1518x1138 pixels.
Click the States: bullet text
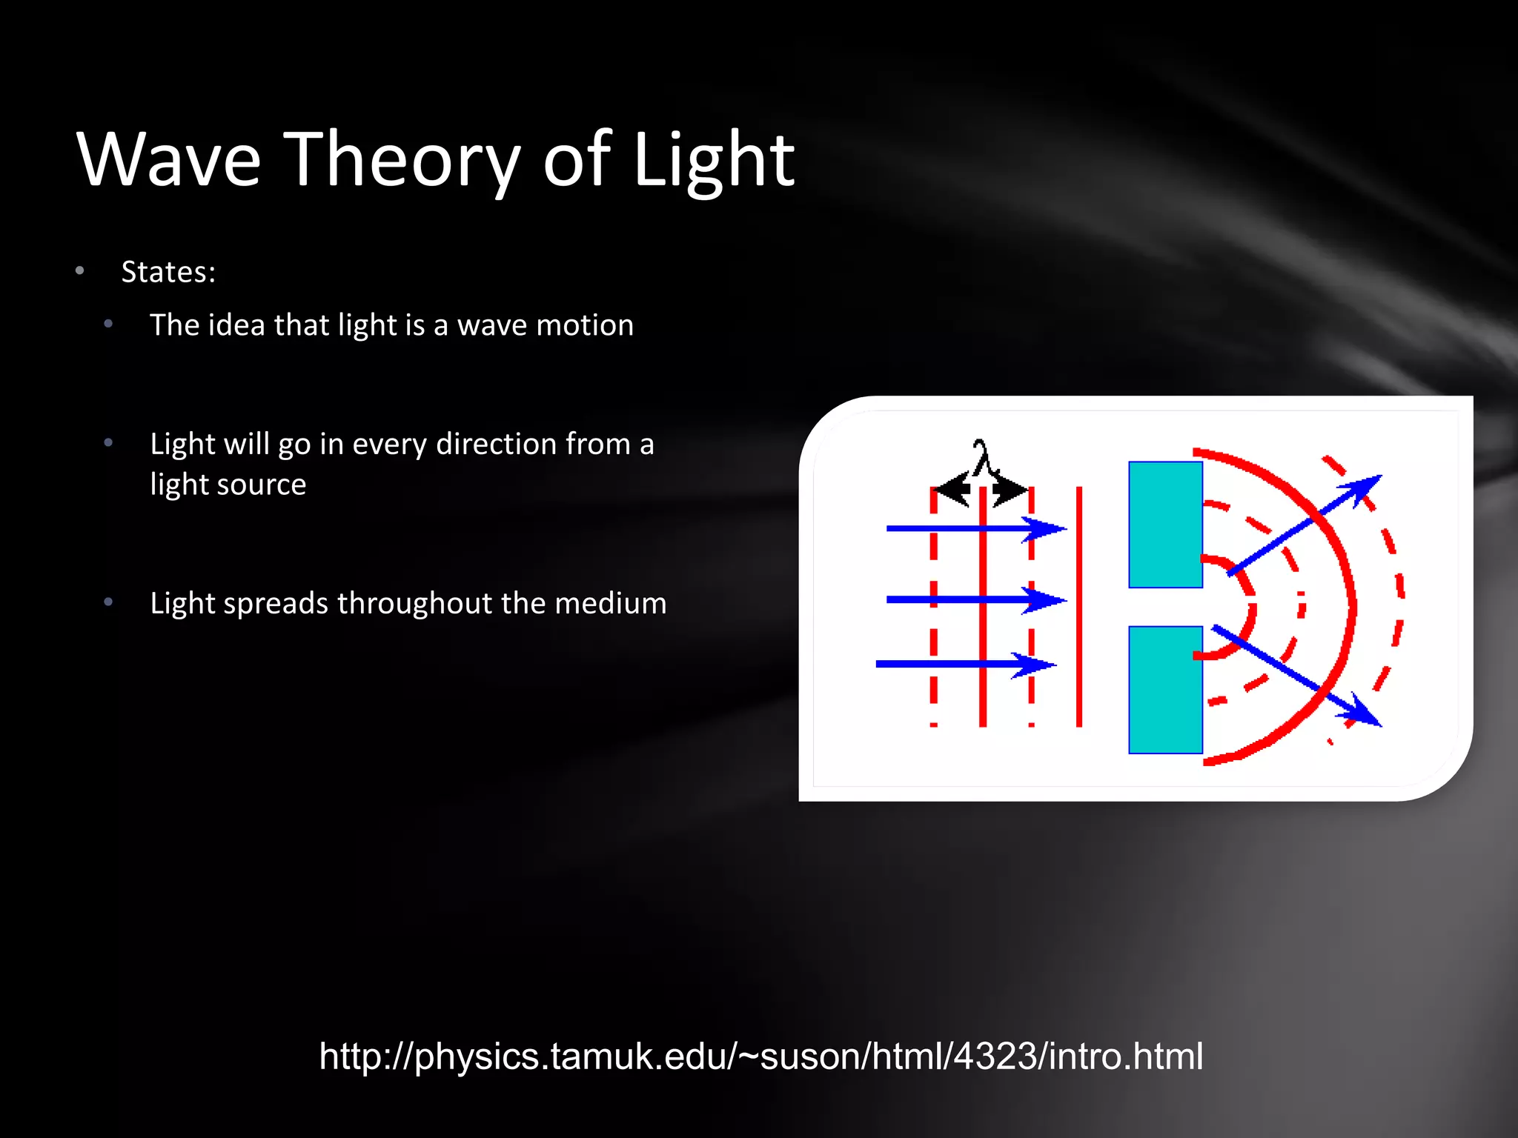(x=168, y=272)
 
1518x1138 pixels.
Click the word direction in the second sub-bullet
(x=496, y=444)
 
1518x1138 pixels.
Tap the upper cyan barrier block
(x=1165, y=525)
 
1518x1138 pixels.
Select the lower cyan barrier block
(x=1165, y=690)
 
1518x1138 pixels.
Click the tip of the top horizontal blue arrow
(x=1064, y=529)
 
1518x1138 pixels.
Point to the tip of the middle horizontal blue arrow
(x=1064, y=599)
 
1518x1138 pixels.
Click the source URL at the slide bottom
(x=760, y=1056)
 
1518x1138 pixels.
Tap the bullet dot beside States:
(x=80, y=271)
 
